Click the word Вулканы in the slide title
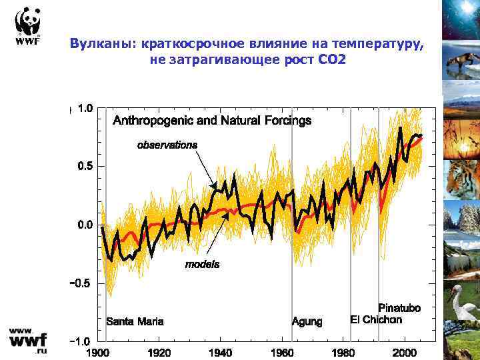100,44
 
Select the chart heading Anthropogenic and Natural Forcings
212,121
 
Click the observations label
167,144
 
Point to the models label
202,264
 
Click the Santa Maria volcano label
135,321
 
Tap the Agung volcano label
307,321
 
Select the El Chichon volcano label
376,319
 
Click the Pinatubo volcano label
399,308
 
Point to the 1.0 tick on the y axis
85,107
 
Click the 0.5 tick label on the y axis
85,166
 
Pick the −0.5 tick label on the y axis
82,283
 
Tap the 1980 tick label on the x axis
343,352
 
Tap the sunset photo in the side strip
461,137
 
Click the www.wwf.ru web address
27,341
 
